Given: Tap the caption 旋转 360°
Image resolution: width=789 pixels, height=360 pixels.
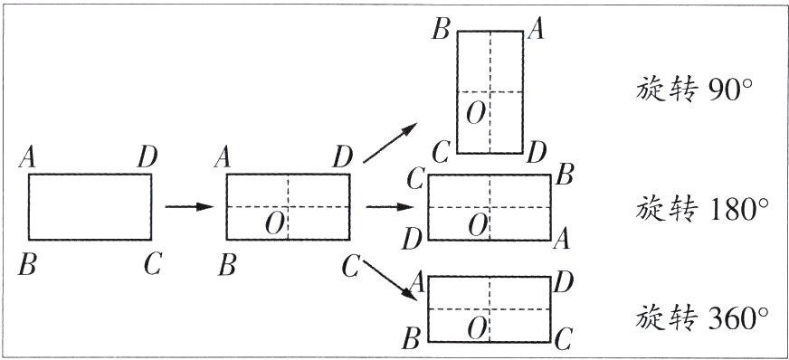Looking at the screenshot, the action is point(702,317).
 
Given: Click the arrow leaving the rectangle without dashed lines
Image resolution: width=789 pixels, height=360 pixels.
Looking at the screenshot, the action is point(190,206).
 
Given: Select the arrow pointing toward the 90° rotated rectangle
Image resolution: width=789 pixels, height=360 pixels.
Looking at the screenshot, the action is point(390,143).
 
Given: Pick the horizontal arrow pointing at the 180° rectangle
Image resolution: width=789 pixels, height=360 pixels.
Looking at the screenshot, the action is point(389,206).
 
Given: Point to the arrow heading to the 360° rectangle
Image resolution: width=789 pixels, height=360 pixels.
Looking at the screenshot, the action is point(390,280).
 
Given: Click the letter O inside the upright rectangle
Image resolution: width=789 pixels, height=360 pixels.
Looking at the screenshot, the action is point(476,115).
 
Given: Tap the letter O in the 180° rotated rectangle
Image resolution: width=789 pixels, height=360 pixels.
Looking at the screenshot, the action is point(478,224).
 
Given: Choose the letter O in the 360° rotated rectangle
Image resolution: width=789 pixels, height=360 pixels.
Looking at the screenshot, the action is point(477,329).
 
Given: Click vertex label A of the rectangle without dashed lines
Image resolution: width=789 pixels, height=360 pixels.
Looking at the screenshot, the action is point(27,158).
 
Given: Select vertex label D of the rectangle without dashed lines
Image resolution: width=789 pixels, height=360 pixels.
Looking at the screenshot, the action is point(147,158).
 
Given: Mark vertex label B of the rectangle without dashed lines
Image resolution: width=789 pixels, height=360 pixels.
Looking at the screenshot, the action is point(27,265).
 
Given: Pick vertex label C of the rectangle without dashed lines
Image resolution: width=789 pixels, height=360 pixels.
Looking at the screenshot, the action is point(153,264).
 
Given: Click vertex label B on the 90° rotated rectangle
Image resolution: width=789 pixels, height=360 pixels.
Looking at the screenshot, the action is point(441,30).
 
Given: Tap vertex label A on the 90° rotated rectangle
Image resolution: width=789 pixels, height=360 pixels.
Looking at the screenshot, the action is point(536,30).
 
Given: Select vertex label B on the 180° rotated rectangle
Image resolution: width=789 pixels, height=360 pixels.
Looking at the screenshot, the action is point(565,177).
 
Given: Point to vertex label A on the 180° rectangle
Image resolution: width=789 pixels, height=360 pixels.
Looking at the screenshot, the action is point(561,241).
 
